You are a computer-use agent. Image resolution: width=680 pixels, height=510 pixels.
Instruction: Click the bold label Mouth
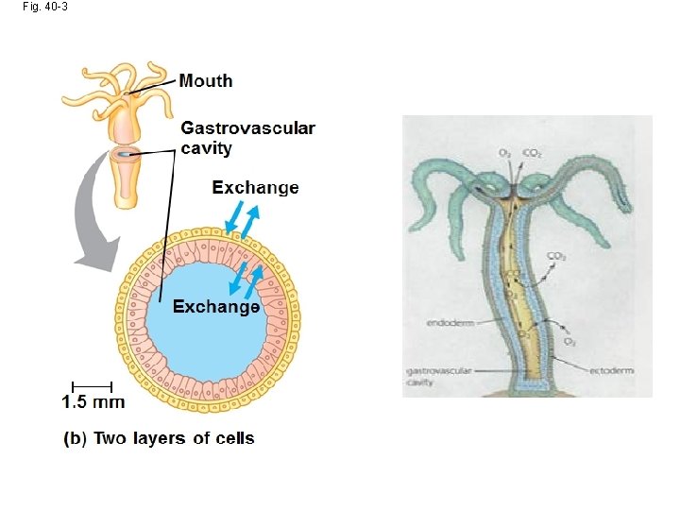[x=206, y=81]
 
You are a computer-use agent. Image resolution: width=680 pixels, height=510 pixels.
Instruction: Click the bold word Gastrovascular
[x=247, y=127]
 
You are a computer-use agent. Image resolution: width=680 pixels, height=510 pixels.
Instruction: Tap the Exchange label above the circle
[x=255, y=188]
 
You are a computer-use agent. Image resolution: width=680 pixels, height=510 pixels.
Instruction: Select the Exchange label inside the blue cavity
[x=215, y=307]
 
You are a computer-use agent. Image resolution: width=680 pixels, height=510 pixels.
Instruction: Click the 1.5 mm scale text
[x=93, y=402]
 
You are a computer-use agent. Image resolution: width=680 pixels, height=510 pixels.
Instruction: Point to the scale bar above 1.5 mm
[x=92, y=384]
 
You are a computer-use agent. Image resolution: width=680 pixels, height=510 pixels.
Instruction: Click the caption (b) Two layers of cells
[x=159, y=437]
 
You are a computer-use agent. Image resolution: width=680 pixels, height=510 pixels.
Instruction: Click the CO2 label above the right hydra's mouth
[x=533, y=153]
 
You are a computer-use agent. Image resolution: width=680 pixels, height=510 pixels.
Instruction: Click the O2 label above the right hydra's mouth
[x=506, y=153]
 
